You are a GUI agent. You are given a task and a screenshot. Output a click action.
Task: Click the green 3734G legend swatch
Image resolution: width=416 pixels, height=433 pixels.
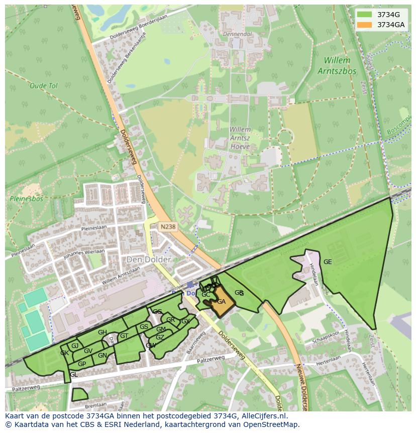[365, 15]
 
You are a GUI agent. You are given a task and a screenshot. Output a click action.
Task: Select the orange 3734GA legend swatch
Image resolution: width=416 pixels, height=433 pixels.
[365, 25]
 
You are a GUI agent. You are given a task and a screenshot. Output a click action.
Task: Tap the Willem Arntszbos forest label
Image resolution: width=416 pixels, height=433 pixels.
[337, 65]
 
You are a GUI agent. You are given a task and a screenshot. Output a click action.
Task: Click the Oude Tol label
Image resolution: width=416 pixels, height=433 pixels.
[44, 86]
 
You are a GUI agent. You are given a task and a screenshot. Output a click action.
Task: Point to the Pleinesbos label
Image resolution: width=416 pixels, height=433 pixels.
[26, 199]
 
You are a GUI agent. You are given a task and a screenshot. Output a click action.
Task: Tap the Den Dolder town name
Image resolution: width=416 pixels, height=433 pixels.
[149, 259]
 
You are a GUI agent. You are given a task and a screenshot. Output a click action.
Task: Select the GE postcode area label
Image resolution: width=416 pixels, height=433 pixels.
[328, 262]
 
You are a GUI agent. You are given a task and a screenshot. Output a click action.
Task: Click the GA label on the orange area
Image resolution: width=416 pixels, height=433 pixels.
[221, 302]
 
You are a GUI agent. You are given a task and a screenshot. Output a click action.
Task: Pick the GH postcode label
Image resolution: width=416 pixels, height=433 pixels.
[102, 332]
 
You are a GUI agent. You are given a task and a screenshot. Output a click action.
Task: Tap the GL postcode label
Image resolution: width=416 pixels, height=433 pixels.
[74, 375]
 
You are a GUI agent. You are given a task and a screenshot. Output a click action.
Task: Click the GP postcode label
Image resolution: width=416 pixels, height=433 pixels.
[82, 364]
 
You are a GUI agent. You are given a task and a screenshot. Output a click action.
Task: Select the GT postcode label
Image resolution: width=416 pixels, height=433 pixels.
[124, 336]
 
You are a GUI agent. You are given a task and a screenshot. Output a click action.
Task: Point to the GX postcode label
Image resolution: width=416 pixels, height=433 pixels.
[185, 321]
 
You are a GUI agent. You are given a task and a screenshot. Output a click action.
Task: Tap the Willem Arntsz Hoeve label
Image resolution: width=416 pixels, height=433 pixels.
[240, 138]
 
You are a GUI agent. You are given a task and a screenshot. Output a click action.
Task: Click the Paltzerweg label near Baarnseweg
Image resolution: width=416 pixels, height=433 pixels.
[211, 361]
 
